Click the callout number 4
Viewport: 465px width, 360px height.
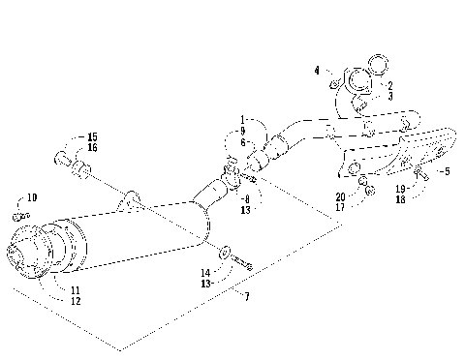pos(317,69)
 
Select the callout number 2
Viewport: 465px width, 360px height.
pos(389,85)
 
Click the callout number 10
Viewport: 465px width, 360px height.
pos(31,197)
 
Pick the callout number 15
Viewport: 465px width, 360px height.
pos(93,137)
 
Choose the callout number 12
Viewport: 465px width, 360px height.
pos(75,301)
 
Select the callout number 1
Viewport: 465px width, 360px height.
pos(243,119)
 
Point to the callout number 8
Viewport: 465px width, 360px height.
pos(243,197)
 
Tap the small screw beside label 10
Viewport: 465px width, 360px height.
pos(17,211)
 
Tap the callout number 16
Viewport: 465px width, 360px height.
pos(93,148)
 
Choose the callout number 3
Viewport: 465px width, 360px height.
pos(389,96)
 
